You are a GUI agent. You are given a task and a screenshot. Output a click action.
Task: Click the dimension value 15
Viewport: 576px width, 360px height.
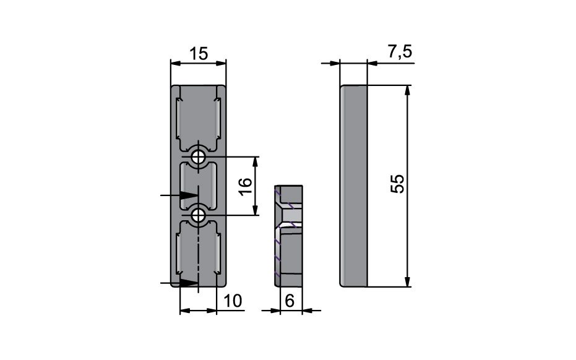(x=199, y=54)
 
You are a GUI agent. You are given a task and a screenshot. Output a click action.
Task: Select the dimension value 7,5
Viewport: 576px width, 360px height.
(x=400, y=53)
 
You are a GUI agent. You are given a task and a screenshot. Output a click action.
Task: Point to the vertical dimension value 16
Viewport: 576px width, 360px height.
(x=244, y=185)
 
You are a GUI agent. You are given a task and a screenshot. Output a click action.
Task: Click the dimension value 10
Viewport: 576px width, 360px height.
(x=231, y=301)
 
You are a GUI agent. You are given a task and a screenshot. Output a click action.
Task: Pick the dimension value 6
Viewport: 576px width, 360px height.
(x=290, y=301)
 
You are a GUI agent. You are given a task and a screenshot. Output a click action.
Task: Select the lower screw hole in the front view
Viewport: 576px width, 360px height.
(x=199, y=215)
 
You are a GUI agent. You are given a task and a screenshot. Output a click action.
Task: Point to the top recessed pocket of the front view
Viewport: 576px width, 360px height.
(x=198, y=118)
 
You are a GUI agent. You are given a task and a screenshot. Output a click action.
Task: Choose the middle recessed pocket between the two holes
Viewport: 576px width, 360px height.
(x=198, y=186)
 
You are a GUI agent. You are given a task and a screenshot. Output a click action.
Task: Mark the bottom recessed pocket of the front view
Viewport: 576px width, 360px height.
(x=198, y=254)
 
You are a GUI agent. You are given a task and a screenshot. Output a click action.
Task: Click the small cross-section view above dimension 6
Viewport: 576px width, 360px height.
(x=288, y=236)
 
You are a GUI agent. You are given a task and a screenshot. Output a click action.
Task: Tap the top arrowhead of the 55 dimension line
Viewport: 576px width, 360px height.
(x=407, y=90)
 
